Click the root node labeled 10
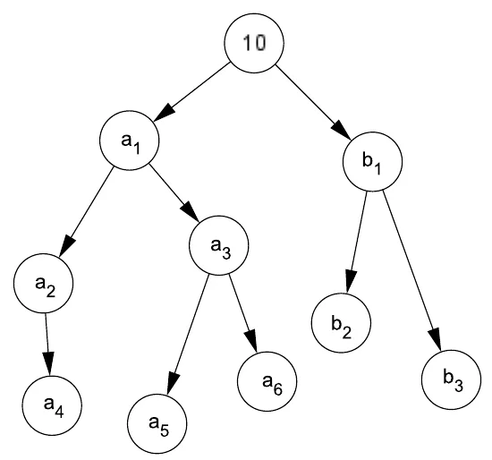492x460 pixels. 254,43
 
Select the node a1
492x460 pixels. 130,141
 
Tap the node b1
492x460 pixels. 372,161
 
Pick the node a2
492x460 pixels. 43,283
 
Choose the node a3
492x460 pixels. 218,245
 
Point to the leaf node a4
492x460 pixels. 52,405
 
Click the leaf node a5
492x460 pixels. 157,424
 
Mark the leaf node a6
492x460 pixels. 267,381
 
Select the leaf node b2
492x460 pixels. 341,323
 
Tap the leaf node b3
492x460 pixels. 451,379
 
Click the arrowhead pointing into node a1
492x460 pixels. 164,112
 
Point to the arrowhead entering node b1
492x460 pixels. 342,130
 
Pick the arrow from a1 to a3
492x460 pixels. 174,193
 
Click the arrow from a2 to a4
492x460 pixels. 47,345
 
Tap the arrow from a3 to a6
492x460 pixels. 243,313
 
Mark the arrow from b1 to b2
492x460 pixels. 357,243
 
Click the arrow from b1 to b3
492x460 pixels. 412,270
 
